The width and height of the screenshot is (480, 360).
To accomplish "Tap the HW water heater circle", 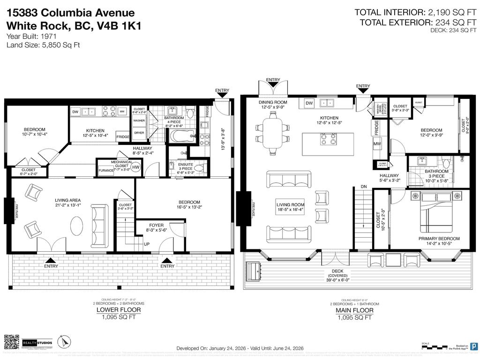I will [x=136, y=167].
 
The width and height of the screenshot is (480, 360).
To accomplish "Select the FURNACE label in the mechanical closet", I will [x=105, y=170].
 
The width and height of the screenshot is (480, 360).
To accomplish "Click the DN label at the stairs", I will [x=363, y=187].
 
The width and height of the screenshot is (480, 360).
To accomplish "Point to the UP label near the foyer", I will [x=146, y=244].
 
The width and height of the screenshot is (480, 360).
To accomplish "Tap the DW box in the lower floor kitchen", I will [x=75, y=112].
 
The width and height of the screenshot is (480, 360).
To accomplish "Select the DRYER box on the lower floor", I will [x=139, y=133].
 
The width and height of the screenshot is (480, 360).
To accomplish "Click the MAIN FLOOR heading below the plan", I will [x=354, y=310].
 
